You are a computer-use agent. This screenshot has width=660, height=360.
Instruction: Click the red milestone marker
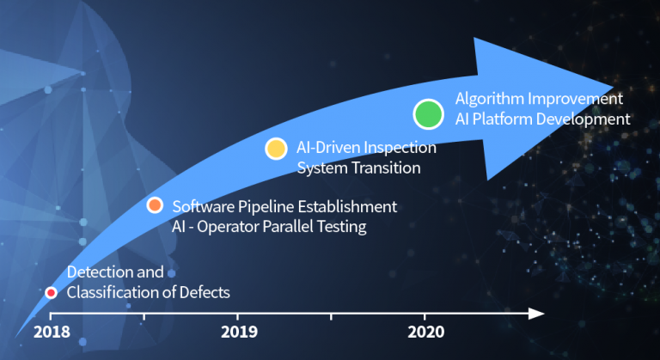tap(51, 293)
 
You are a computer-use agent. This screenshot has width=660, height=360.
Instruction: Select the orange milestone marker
tap(155, 204)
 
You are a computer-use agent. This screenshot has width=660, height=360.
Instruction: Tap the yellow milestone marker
tap(276, 148)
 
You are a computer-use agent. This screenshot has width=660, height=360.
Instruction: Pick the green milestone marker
tap(428, 113)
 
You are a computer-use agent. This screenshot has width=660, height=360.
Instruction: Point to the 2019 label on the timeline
tap(239, 333)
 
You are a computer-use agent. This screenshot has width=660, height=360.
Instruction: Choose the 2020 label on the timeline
tap(426, 333)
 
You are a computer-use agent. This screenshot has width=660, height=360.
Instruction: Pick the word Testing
tap(343, 227)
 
